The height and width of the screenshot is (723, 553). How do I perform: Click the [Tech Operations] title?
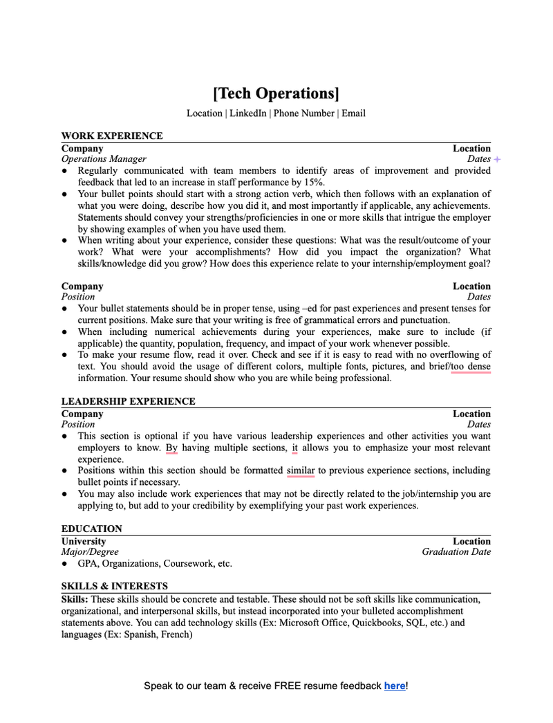(x=276, y=93)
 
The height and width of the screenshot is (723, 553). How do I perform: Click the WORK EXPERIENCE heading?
(x=112, y=136)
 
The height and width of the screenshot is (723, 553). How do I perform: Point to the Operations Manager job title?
(x=104, y=159)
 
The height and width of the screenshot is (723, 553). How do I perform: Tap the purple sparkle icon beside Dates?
(x=497, y=159)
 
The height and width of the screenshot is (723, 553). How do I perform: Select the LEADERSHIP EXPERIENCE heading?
(x=128, y=401)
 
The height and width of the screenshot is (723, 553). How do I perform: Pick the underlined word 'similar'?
(x=301, y=470)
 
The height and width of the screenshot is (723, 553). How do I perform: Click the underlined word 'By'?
(x=172, y=448)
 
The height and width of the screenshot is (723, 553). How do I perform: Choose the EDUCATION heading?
(x=91, y=529)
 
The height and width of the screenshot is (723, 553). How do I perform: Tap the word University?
(x=84, y=541)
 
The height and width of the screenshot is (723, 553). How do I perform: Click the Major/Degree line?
(x=90, y=552)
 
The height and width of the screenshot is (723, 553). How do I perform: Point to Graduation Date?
(x=456, y=552)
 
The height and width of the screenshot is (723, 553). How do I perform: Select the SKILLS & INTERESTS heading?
(x=114, y=586)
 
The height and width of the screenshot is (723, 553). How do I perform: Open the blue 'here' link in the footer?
(x=395, y=686)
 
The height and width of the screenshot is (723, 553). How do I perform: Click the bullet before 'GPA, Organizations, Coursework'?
(x=65, y=564)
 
